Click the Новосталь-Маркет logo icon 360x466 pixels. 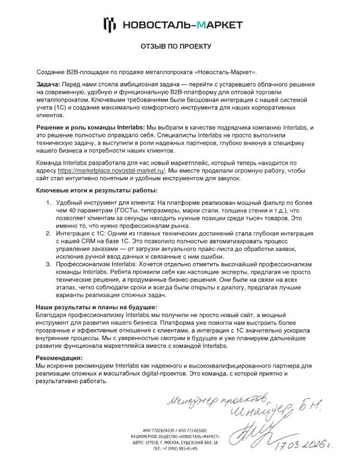click(x=109, y=24)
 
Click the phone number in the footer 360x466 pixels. click(x=175, y=449)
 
